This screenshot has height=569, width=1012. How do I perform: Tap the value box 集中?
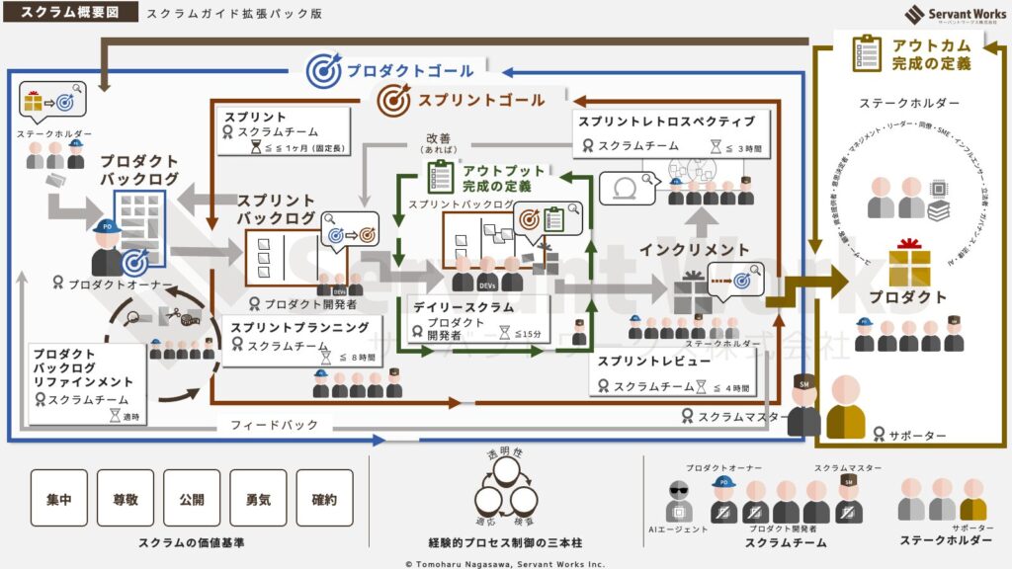[58, 498]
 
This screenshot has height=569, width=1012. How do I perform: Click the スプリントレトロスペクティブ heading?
[666, 122]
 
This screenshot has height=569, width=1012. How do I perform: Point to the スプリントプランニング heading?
[299, 326]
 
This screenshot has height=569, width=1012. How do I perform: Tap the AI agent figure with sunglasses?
[679, 501]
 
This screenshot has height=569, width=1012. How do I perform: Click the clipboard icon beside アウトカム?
[867, 53]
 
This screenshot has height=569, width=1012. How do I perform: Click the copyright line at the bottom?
[505, 563]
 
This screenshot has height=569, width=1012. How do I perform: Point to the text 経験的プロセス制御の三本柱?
[505, 542]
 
